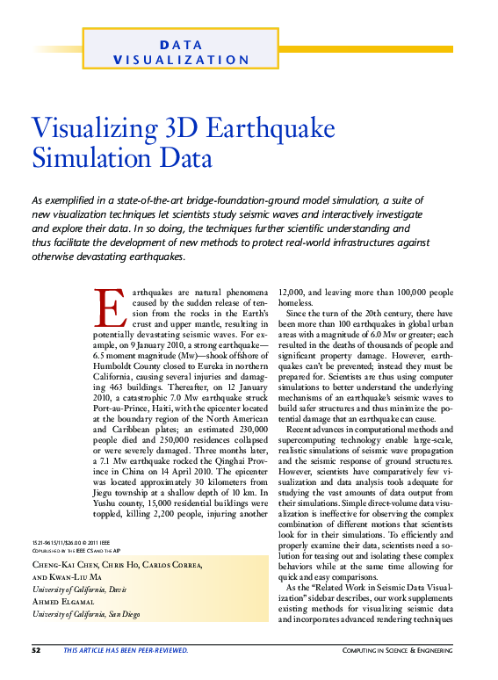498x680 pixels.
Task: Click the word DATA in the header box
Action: click(x=183, y=44)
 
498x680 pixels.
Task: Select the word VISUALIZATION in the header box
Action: click(x=182, y=60)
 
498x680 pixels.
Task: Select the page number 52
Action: click(x=36, y=649)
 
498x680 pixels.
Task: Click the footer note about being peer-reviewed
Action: click(x=126, y=649)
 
